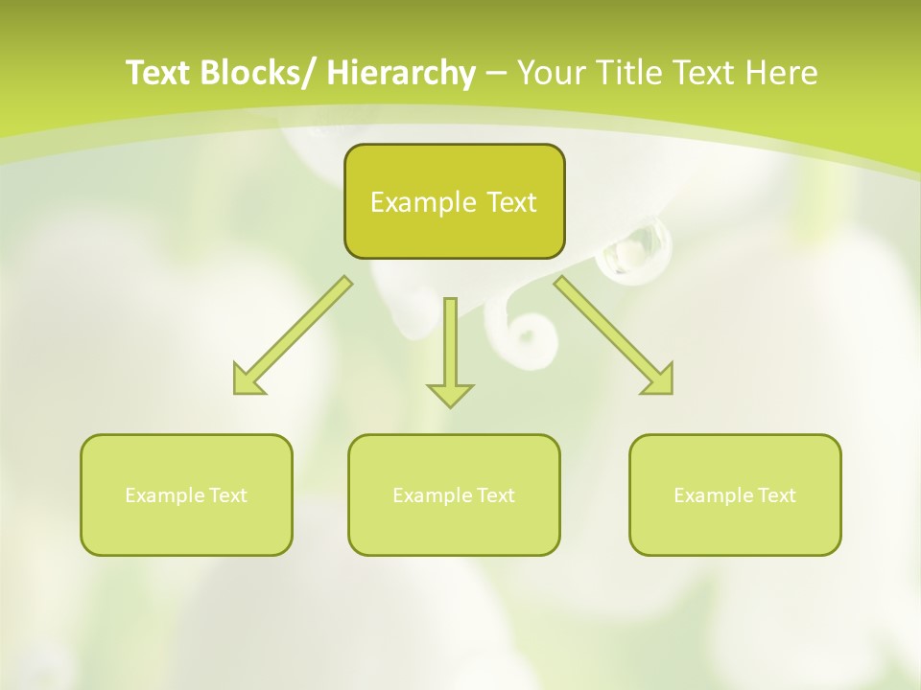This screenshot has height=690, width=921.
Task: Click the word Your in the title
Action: coord(554,73)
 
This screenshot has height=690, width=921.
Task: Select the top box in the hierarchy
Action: coord(454,201)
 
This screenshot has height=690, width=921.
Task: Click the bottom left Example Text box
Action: coord(186,494)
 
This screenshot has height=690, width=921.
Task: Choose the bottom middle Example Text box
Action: coord(454,494)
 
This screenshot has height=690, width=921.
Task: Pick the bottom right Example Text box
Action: coord(735,494)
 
